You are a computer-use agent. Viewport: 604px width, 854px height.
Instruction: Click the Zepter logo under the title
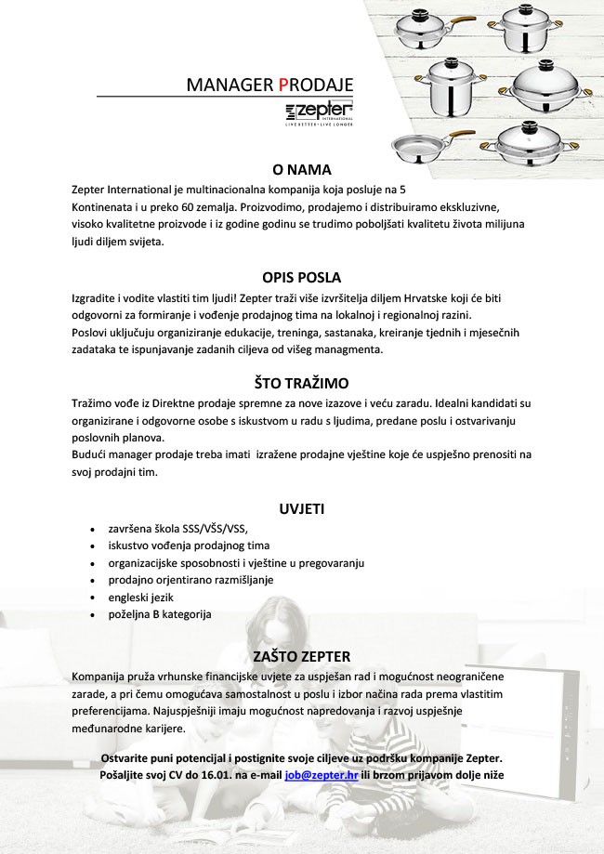320,113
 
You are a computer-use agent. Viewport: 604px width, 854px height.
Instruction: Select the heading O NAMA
301,170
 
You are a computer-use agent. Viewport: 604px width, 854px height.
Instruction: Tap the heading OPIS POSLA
301,277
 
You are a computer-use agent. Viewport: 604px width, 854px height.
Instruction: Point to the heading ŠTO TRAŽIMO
301,383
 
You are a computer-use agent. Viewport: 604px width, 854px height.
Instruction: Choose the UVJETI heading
301,508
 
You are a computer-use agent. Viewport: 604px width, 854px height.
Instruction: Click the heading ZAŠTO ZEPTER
301,656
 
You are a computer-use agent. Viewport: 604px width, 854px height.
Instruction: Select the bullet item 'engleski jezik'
141,597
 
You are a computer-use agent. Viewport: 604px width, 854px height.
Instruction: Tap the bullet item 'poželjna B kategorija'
160,614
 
